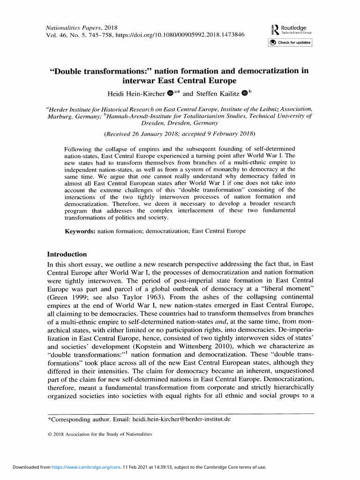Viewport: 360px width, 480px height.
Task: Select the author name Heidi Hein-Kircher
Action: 132,94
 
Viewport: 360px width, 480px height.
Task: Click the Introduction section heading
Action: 67,254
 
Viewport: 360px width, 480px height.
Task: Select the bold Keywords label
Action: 80,232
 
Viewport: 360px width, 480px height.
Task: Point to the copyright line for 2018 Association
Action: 100,435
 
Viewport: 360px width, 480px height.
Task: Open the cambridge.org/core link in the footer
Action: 75,467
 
